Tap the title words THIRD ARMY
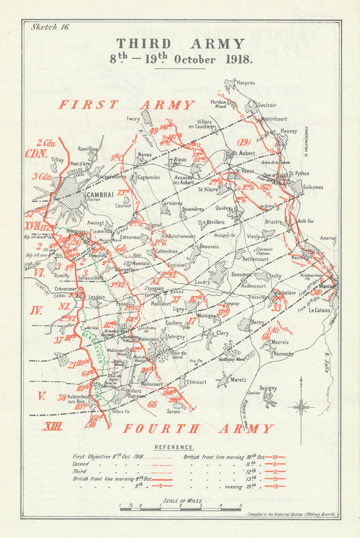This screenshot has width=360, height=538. [x=180, y=44]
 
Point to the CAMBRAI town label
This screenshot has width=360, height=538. [x=100, y=194]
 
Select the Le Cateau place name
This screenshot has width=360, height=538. [x=319, y=310]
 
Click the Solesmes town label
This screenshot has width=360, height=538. [x=313, y=187]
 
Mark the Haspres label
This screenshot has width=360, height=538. [x=246, y=83]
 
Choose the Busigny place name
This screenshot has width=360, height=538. [x=269, y=388]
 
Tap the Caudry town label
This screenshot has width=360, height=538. [x=202, y=282]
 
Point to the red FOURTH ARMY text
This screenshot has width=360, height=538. [x=198, y=429]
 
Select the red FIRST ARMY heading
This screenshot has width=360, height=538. [x=127, y=105]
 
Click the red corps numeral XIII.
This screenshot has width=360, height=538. [x=53, y=427]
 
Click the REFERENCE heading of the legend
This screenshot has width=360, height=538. [x=174, y=447]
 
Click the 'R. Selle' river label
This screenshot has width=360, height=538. [x=327, y=362]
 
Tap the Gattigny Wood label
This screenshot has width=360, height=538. [x=232, y=359]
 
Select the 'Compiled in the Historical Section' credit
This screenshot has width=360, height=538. [x=292, y=514]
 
